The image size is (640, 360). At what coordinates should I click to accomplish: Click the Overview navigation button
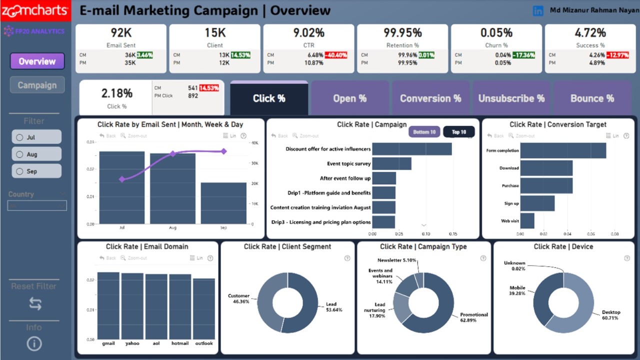click(x=37, y=61)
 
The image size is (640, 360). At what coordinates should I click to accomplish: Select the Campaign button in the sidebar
click(x=37, y=85)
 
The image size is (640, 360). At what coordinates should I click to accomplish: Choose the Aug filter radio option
click(x=36, y=154)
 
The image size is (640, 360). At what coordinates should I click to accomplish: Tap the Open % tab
click(x=350, y=98)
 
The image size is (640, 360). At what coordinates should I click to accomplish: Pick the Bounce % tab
click(x=592, y=98)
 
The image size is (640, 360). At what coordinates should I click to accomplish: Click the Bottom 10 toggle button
click(x=424, y=132)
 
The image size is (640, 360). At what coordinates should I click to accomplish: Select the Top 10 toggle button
click(x=458, y=132)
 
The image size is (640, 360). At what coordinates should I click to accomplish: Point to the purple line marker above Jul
click(x=122, y=179)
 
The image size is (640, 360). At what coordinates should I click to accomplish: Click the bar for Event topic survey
click(x=391, y=163)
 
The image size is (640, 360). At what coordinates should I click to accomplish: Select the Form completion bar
click(x=563, y=150)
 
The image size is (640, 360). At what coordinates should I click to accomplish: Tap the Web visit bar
click(x=527, y=220)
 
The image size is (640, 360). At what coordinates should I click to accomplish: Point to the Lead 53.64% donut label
click(x=331, y=307)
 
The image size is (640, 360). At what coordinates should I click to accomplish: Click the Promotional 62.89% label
click(x=473, y=317)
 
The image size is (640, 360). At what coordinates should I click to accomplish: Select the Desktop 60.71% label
click(x=610, y=315)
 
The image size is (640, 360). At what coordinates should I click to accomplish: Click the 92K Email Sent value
click(x=121, y=33)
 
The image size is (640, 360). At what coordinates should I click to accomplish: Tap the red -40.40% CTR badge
click(x=336, y=55)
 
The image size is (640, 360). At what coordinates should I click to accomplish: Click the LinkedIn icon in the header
click(x=538, y=10)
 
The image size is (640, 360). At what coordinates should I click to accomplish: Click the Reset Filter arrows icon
click(x=35, y=303)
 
